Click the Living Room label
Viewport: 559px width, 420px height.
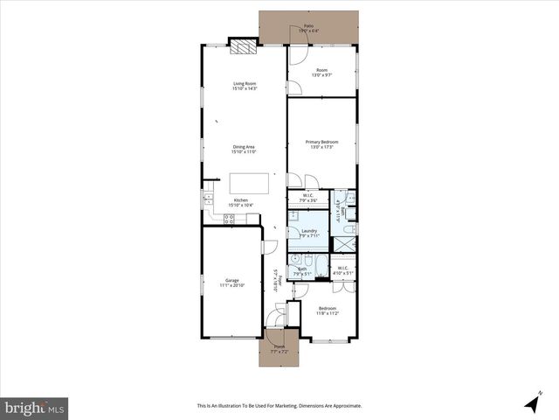pyautogui.click(x=244, y=86)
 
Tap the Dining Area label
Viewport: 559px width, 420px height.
pyautogui.click(x=244, y=149)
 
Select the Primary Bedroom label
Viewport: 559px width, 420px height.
pyautogui.click(x=321, y=143)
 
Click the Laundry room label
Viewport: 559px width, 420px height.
pyautogui.click(x=308, y=233)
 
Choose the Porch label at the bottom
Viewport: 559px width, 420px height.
pyautogui.click(x=279, y=347)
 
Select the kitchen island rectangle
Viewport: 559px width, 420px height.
pyautogui.click(x=245, y=183)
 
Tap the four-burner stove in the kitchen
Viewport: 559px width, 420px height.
pyautogui.click(x=229, y=220)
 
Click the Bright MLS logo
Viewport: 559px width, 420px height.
pyautogui.click(x=35, y=407)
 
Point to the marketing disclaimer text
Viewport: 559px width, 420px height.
pyautogui.click(x=279, y=405)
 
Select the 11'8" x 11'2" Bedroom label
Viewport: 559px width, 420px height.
pyautogui.click(x=328, y=311)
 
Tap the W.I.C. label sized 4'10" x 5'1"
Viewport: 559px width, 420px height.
pyautogui.click(x=342, y=270)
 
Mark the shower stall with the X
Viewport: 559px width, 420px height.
pyautogui.click(x=349, y=230)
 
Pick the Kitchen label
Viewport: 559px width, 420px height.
pyautogui.click(x=240, y=202)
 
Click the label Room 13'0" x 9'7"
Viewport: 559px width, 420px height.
pyautogui.click(x=321, y=73)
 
